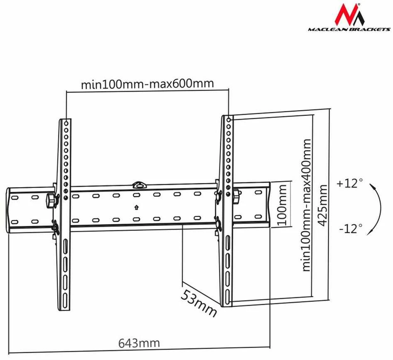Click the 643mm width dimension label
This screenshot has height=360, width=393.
[139, 343]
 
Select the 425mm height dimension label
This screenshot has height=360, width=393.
[322, 205]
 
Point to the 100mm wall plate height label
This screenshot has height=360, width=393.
[282, 205]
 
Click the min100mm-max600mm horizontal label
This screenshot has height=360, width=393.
[147, 84]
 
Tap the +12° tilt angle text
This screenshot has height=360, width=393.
[350, 183]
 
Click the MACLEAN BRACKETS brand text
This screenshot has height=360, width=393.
[349, 29]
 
